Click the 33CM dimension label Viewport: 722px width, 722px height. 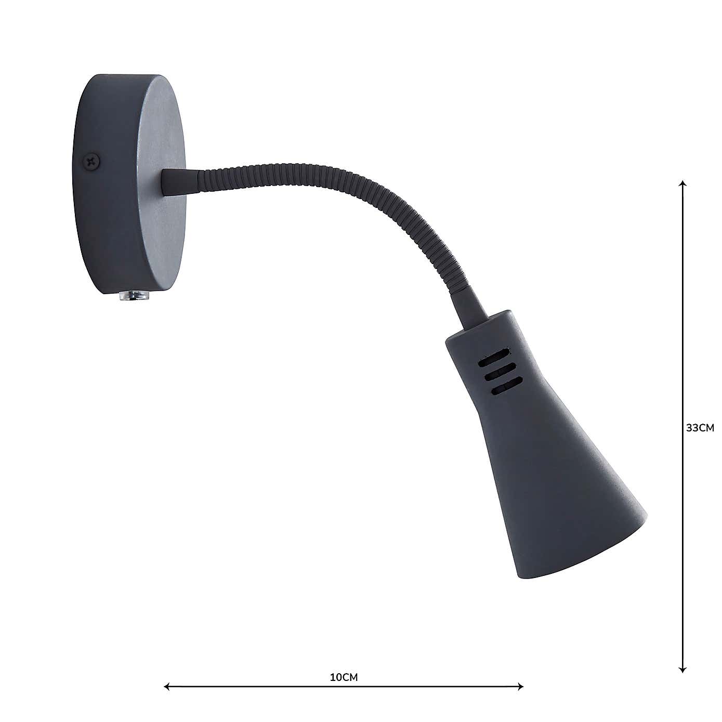pos(700,428)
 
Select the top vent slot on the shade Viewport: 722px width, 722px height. pos(496,358)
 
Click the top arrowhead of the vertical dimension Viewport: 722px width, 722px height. pos(683,183)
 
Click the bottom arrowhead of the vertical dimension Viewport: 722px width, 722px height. pos(683,670)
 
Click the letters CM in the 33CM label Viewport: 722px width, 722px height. pos(706,428)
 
